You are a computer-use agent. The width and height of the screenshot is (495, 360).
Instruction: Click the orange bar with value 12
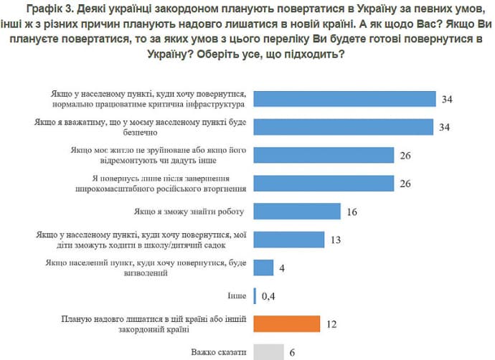tap(287, 324)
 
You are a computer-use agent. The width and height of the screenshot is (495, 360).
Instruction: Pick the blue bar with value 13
tap(289, 240)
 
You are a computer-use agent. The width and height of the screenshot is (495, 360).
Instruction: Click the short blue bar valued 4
tap(263, 267)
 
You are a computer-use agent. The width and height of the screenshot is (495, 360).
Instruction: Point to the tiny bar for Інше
tap(255, 295)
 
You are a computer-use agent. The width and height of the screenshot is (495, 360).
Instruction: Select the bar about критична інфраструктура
tap(344, 100)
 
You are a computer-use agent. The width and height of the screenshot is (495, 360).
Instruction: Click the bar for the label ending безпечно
tap(344, 128)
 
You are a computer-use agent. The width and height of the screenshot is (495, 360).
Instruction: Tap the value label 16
tap(351, 212)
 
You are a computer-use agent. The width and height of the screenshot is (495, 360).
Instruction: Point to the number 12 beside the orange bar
tap(331, 324)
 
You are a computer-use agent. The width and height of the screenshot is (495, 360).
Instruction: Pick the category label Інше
tap(237, 295)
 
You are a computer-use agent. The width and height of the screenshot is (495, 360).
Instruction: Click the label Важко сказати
tap(220, 352)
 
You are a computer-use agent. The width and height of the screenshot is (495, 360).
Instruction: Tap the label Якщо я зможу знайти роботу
tap(189, 212)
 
